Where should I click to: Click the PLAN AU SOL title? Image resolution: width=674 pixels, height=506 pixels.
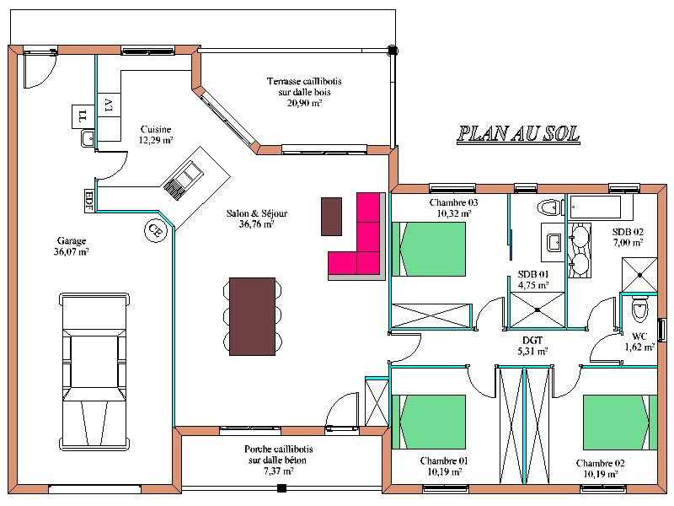518,134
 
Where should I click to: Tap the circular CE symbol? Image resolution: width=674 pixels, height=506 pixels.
155,230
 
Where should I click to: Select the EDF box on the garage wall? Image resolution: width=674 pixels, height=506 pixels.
89,201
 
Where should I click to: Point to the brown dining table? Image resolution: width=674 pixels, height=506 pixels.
252,316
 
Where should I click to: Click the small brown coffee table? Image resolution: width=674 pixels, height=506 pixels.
331,217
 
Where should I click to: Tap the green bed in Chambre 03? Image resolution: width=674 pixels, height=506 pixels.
429,249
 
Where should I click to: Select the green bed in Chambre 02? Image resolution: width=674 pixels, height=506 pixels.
620,423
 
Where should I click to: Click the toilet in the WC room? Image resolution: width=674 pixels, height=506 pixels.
639,308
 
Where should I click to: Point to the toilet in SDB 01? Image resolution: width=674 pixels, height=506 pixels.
551,207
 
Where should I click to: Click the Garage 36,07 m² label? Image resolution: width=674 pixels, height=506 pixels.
72,246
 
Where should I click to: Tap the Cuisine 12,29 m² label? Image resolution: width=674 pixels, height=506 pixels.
156,135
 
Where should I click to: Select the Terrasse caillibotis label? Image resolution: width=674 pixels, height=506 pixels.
304,92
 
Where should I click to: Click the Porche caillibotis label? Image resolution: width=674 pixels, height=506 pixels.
278,460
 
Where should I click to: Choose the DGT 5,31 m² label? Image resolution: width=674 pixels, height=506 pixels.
532,346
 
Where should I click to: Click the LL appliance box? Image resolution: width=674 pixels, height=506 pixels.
83,116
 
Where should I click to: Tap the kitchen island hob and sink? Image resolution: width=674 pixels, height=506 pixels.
183,180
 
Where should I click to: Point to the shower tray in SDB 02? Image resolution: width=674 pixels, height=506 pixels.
639,275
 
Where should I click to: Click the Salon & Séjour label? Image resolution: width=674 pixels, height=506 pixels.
257,218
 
